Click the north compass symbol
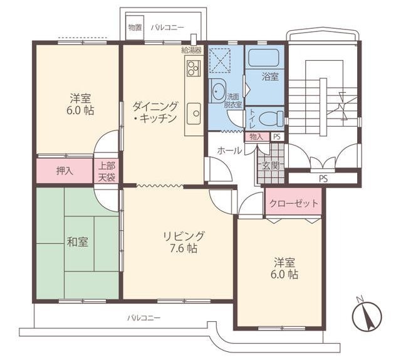pos(367,315)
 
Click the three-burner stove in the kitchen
pos(194,68)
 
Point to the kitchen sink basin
pos(194,114)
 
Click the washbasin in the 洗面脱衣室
pos(217,90)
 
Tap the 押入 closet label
pos(65,171)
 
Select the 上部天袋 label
pos(107,171)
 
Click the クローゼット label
pos(294,203)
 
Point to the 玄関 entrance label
pos(271,166)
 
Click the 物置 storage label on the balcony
pos(135,28)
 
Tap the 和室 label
pos(78,242)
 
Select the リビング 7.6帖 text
pos(184,241)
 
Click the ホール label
pos(229,151)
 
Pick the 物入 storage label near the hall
pos(256,137)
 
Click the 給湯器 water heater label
pos(192,50)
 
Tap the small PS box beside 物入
pos(277,137)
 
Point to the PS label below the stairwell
pos(323,179)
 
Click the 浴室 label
pos(270,77)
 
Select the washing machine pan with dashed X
pos(220,60)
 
